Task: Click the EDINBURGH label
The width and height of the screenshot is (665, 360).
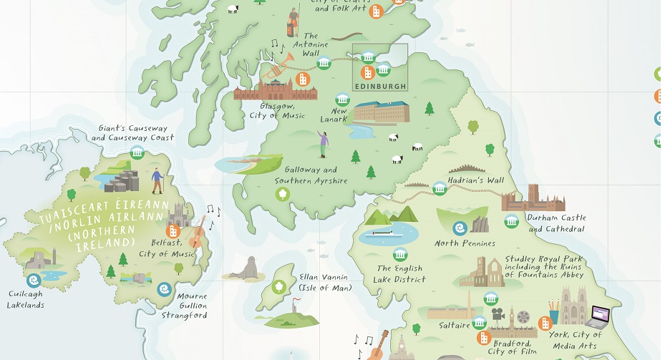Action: [x=380, y=86]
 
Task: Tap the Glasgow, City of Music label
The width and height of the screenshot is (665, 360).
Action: [x=282, y=110]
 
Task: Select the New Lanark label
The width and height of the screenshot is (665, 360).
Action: [x=339, y=115]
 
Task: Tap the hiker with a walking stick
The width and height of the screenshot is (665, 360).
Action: [x=157, y=180]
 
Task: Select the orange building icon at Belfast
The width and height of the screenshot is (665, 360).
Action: [x=173, y=231]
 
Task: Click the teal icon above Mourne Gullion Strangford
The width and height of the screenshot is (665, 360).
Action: [x=165, y=289]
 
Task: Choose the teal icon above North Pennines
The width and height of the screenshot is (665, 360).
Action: [x=459, y=228]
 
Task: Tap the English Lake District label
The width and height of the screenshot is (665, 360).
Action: [x=402, y=274]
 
